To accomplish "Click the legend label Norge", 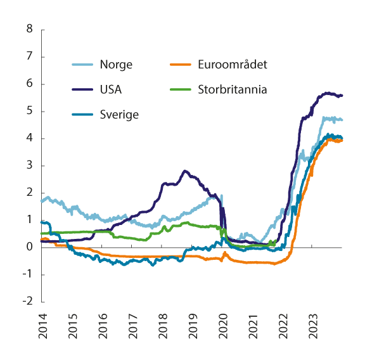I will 116,64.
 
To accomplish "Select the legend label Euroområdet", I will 233,64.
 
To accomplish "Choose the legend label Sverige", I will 118,115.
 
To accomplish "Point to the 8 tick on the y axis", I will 29,29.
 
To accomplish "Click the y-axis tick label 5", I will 29,111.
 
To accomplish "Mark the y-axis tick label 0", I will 29,247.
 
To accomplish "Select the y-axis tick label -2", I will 27,302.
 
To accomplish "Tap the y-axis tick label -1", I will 27,274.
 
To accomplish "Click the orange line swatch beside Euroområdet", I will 182,64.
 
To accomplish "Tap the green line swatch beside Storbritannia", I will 182,89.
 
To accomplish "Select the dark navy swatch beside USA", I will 83,89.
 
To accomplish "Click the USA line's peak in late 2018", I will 185,170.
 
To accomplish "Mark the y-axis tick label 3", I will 29,165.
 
